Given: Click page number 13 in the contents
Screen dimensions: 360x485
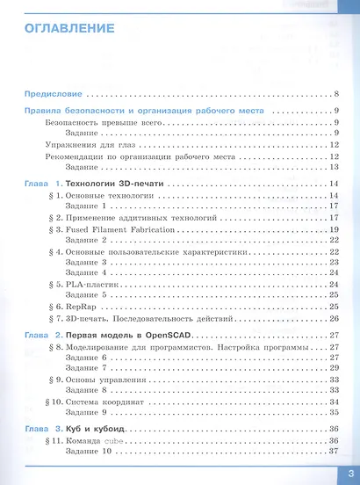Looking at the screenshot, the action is (335, 167).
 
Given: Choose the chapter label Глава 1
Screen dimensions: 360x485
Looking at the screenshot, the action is (42, 183).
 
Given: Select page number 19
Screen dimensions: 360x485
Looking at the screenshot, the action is (335, 228).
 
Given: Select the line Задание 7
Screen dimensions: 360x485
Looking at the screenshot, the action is (86, 368).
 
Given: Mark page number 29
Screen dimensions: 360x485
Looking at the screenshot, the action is (335, 368).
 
